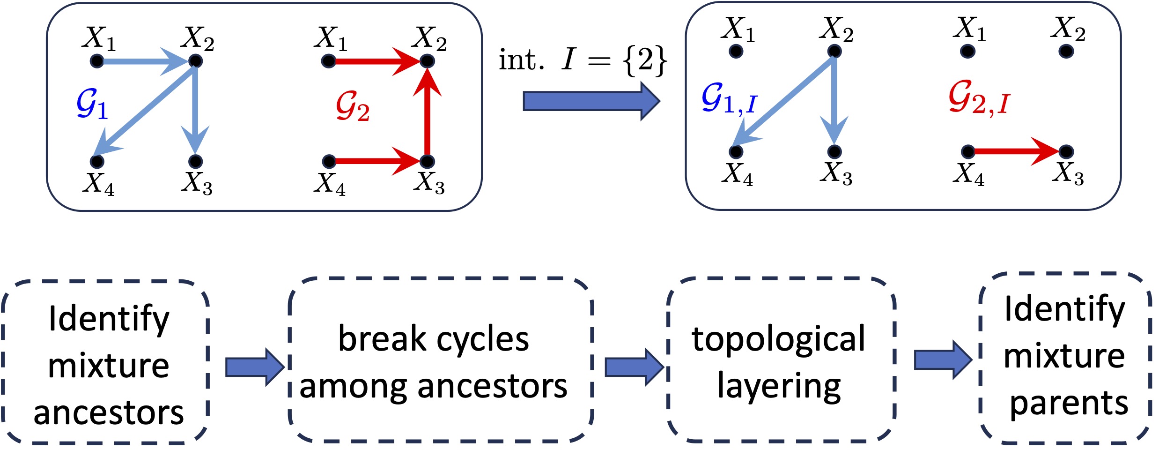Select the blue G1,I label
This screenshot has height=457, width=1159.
(729, 99)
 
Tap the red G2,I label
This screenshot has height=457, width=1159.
(979, 99)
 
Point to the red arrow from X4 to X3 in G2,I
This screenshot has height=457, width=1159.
(1016, 151)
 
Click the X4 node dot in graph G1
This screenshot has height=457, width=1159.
(97, 162)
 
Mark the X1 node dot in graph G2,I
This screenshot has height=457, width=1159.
(967, 51)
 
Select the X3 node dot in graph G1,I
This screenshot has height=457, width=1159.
(834, 151)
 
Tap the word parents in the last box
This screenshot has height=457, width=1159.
(1069, 403)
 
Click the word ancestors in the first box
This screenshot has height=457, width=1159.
(109, 413)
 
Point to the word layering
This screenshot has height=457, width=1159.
(779, 386)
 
